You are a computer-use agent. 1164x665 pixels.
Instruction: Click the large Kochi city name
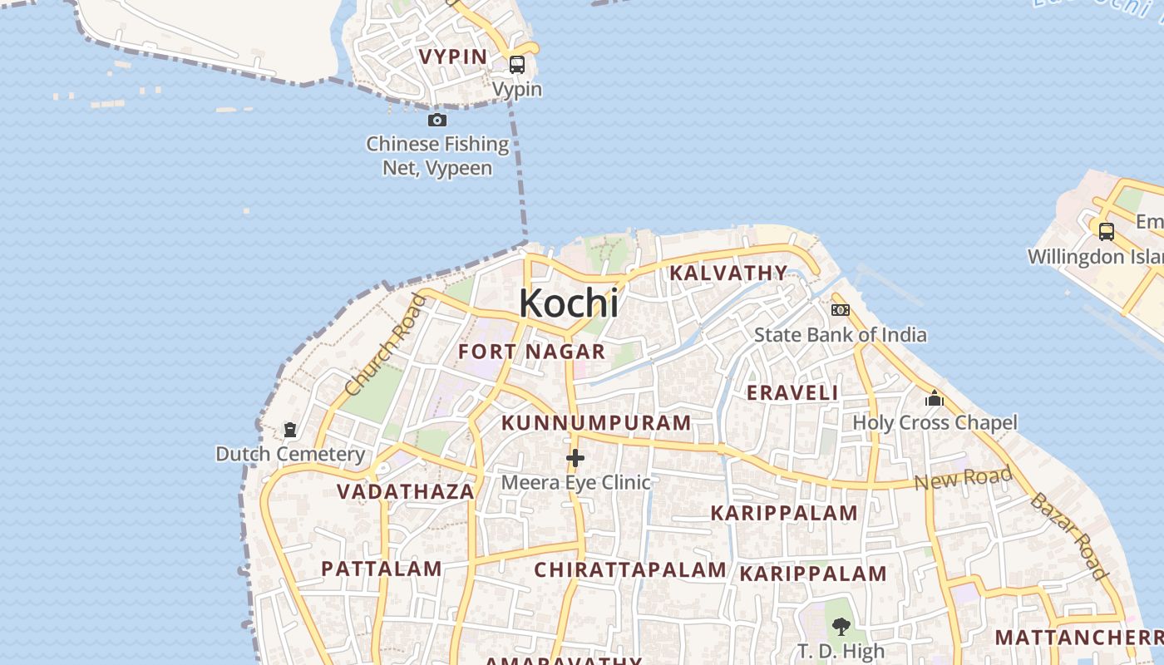pyautogui.click(x=569, y=303)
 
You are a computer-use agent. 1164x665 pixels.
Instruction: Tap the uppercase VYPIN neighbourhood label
pyautogui.click(x=453, y=57)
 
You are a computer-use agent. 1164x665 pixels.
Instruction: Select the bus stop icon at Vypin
pyautogui.click(x=517, y=65)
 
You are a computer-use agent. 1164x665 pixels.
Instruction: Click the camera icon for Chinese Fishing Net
pyautogui.click(x=437, y=121)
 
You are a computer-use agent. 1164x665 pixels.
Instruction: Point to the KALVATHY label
pyautogui.click(x=728, y=273)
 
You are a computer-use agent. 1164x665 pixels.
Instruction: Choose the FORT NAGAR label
pyautogui.click(x=531, y=352)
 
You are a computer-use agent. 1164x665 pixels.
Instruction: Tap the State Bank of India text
pyautogui.click(x=840, y=335)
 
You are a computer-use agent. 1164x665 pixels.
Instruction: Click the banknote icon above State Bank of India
pyautogui.click(x=841, y=310)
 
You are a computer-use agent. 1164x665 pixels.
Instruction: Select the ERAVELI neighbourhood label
pyautogui.click(x=792, y=392)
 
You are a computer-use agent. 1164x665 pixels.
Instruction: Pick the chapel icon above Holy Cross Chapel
pyautogui.click(x=935, y=399)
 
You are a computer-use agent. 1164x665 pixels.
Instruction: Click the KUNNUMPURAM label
pyautogui.click(x=596, y=422)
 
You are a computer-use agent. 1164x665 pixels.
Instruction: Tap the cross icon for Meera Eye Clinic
pyautogui.click(x=575, y=458)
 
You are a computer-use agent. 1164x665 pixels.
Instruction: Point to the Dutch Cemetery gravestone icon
pyautogui.click(x=290, y=430)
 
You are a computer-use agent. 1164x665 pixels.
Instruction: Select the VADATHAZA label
pyautogui.click(x=406, y=491)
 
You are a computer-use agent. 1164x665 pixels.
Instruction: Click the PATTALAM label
pyautogui.click(x=382, y=569)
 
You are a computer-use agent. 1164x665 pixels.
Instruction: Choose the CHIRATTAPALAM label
pyautogui.click(x=630, y=569)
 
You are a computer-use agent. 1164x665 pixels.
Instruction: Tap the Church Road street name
pyautogui.click(x=384, y=345)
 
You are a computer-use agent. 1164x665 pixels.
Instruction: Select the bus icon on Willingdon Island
pyautogui.click(x=1106, y=232)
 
